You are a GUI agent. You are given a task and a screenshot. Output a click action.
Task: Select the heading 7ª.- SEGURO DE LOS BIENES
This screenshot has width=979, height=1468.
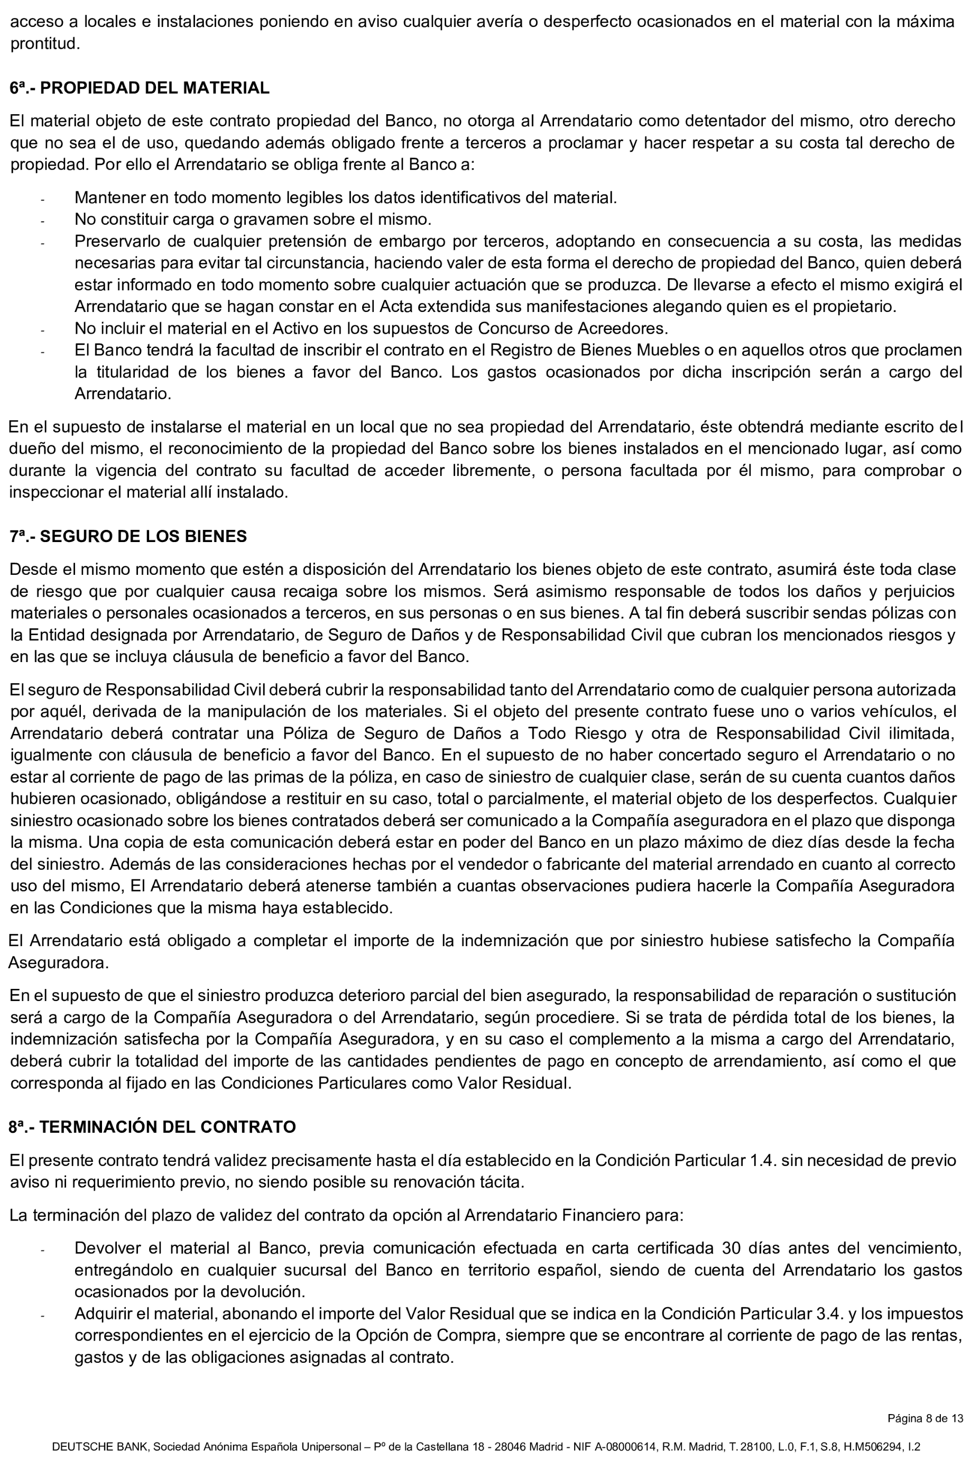coord(128,536)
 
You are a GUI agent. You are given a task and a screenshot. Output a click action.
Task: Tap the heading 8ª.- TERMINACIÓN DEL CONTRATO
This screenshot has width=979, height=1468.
coord(152,1127)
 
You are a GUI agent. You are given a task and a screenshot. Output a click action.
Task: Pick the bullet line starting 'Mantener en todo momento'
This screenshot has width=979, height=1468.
coord(345,198)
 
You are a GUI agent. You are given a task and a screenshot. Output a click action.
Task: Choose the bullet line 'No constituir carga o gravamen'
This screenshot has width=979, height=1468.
coord(253,220)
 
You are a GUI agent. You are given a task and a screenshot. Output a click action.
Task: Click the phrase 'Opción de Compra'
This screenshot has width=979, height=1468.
coord(418,1336)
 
